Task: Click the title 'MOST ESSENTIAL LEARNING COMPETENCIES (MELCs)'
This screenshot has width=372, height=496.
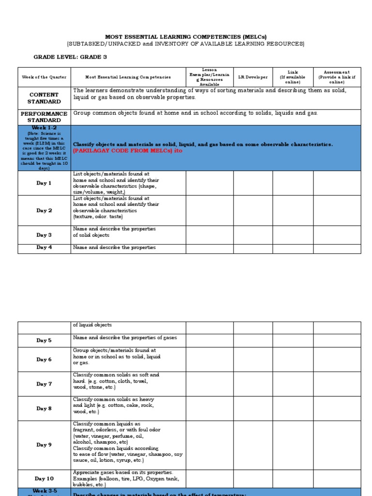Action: tap(186, 37)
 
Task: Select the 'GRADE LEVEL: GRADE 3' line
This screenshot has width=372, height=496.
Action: tap(70, 57)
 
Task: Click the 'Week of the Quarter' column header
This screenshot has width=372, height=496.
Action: tap(44, 77)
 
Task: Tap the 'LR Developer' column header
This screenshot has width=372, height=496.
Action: tap(253, 77)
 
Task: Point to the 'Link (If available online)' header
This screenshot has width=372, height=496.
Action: tap(293, 77)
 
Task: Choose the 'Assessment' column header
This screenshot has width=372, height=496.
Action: tap(337, 73)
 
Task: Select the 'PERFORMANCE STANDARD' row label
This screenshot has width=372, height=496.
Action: tap(44, 117)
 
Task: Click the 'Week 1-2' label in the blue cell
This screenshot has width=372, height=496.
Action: tap(44, 128)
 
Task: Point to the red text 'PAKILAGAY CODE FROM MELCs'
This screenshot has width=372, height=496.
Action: tap(117, 151)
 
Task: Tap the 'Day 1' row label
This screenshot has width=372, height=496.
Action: tap(44, 183)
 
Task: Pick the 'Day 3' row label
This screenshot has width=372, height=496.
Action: tap(44, 235)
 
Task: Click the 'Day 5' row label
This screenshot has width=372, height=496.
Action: tap(44, 341)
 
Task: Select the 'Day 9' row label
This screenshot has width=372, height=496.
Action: tap(44, 445)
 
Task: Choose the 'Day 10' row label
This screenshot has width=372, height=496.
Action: tap(44, 479)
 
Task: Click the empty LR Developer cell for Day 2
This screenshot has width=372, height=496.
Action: tap(253, 211)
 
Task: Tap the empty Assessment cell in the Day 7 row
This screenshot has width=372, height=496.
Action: tap(337, 384)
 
